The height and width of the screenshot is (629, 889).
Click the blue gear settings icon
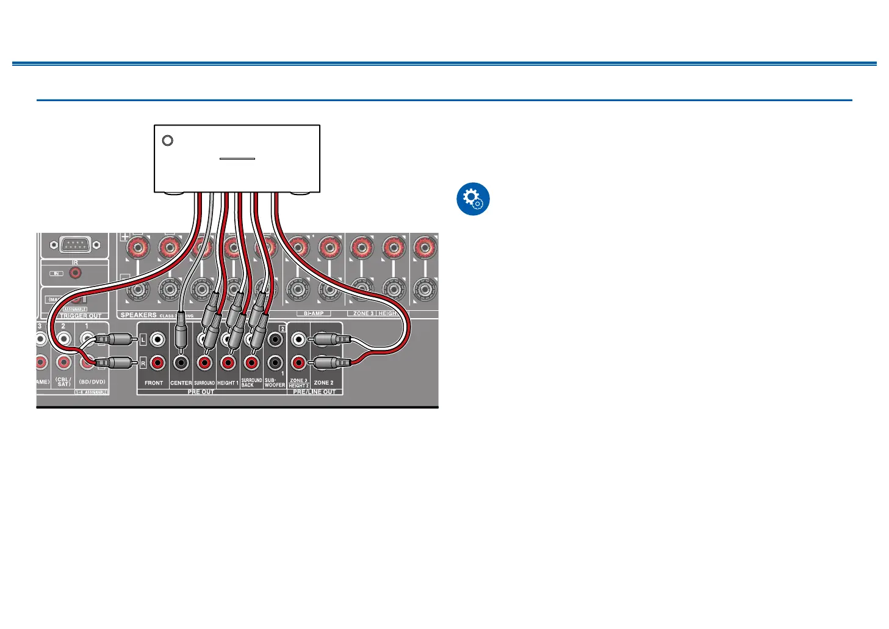[x=473, y=199]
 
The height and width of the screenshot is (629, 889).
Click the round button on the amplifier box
[x=168, y=141]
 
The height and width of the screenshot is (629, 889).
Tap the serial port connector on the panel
[x=74, y=245]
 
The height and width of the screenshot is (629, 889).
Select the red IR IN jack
[x=75, y=273]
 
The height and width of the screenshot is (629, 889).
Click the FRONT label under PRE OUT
[x=154, y=383]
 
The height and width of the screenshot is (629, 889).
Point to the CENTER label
[x=181, y=383]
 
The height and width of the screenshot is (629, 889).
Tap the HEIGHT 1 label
[x=228, y=383]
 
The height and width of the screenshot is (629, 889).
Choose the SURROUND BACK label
[x=251, y=382]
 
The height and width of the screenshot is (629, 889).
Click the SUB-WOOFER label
[x=275, y=382]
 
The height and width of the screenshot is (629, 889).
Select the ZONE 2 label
[x=323, y=383]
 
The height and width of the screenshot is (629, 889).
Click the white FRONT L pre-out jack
[x=157, y=339]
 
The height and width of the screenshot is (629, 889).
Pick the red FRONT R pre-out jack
[x=157, y=363]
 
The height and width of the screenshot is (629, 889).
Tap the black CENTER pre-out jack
[x=181, y=363]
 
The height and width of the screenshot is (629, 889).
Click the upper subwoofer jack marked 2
[x=275, y=339]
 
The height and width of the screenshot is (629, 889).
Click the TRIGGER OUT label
[x=81, y=316]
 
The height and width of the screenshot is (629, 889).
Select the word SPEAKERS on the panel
[x=139, y=315]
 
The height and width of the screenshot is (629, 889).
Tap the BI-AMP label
[x=314, y=313]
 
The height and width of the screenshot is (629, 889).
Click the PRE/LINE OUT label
[x=314, y=392]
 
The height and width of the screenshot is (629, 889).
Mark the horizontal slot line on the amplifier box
[x=237, y=159]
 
